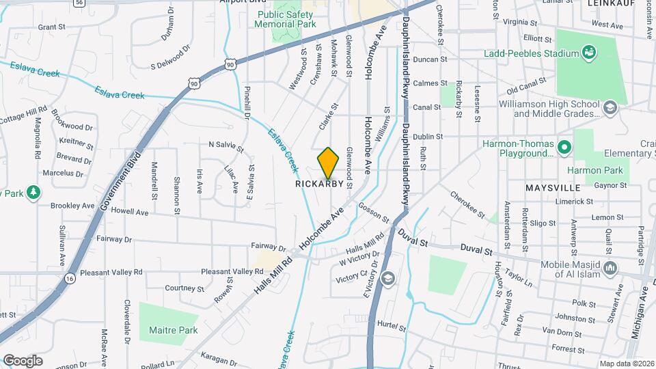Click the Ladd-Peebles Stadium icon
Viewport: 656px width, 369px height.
click(x=587, y=53)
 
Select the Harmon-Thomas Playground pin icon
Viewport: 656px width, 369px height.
click(x=564, y=146)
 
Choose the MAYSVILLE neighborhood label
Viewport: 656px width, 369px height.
click(x=553, y=187)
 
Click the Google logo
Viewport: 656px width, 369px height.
click(x=23, y=360)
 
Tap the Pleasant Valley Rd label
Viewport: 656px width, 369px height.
click(x=111, y=272)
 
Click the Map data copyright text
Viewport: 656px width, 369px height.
click(x=625, y=364)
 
